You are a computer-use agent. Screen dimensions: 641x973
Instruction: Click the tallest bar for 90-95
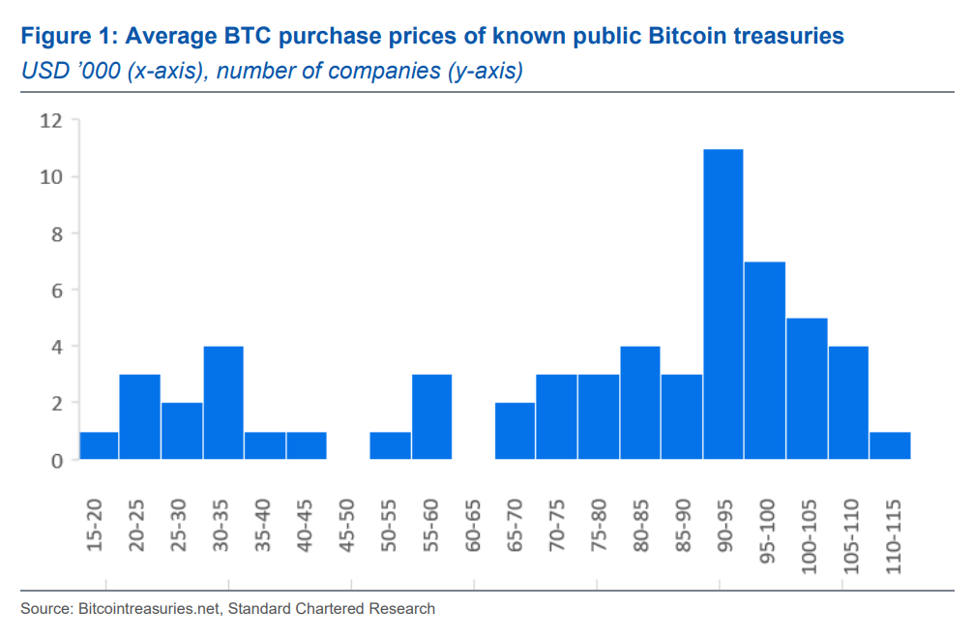click(x=722, y=304)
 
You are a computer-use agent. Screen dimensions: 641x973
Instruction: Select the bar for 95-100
click(x=764, y=360)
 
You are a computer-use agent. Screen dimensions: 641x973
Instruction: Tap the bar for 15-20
click(x=99, y=445)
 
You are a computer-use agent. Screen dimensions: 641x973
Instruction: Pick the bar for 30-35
click(x=223, y=403)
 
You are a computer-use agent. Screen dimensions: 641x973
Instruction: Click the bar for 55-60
click(x=431, y=417)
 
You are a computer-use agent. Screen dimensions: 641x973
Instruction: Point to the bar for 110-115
click(x=890, y=445)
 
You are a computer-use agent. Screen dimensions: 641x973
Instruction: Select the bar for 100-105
click(x=806, y=388)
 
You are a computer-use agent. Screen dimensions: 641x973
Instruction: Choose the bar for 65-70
click(x=515, y=431)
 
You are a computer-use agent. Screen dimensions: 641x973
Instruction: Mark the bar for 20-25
click(x=140, y=417)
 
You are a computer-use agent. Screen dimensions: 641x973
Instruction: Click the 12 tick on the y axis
click(x=50, y=121)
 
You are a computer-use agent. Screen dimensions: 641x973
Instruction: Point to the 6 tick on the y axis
click(x=56, y=290)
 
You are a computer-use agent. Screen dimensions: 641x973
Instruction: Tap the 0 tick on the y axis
click(x=56, y=460)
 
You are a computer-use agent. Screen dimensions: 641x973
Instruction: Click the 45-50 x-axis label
click(x=348, y=526)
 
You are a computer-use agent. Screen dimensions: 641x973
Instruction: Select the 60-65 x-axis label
click(x=473, y=526)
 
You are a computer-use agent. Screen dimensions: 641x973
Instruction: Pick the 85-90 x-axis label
click(x=682, y=526)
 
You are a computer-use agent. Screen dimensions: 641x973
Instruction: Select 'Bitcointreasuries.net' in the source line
click(x=143, y=609)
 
